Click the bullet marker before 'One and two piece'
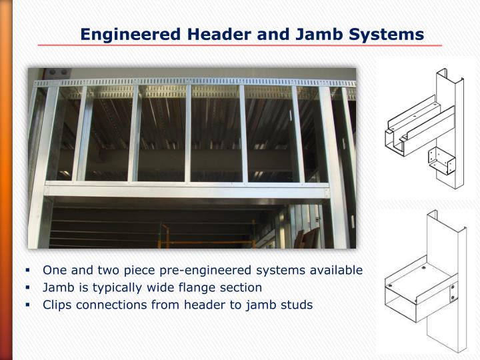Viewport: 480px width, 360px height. (x=29, y=271)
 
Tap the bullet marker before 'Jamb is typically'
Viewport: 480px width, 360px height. (x=29, y=288)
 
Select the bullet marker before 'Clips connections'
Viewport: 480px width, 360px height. (x=29, y=305)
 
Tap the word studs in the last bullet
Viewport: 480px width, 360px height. (x=296, y=305)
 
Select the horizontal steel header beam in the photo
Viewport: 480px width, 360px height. (x=187, y=191)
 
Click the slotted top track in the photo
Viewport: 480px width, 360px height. (x=193, y=83)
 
